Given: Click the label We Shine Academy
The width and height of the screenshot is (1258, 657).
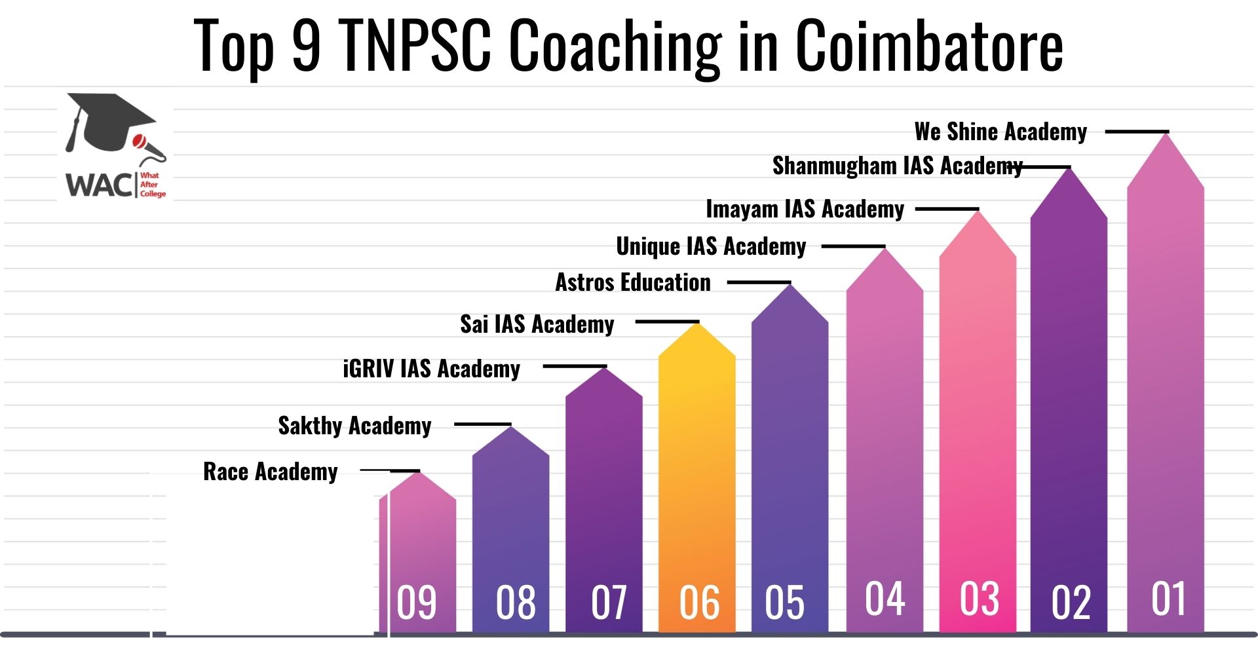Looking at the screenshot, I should click(x=1001, y=132).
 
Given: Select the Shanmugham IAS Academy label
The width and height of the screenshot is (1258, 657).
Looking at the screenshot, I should click(x=897, y=166).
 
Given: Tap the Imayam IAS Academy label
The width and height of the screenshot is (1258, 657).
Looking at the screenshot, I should click(x=805, y=210).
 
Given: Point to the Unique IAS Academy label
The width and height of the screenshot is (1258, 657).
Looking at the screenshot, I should click(x=711, y=247).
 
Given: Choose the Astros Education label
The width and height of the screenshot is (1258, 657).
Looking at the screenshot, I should click(x=633, y=283).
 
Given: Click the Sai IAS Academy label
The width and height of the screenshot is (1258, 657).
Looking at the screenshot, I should click(x=537, y=324).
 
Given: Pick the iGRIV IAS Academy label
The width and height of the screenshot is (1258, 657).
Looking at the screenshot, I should click(x=431, y=369).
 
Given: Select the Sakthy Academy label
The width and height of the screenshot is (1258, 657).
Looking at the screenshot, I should click(x=354, y=426).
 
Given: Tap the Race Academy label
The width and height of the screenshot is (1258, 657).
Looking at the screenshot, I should click(x=270, y=472).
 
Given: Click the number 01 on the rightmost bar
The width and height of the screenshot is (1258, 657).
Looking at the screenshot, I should click(x=1168, y=599).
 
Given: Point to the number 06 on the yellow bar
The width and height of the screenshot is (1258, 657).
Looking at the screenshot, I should click(x=699, y=603).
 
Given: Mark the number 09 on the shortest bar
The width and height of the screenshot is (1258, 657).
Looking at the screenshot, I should click(x=417, y=603).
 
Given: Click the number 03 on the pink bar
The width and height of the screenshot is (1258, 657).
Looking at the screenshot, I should click(x=980, y=599).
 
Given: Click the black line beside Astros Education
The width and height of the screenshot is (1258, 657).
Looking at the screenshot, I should click(x=759, y=283).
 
